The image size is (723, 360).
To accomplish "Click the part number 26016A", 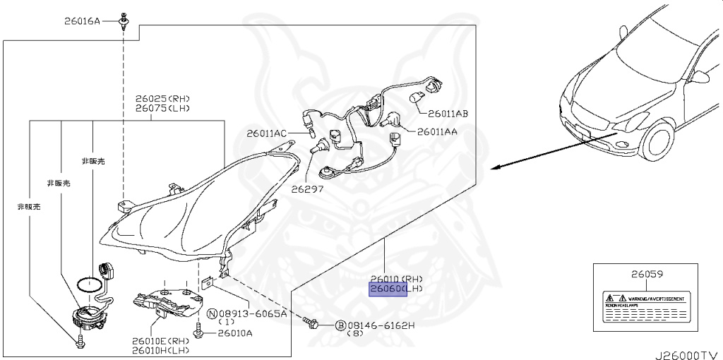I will pos(83,22).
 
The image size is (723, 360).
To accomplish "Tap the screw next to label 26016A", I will pos(124,20).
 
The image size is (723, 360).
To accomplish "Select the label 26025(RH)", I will pos(163,99).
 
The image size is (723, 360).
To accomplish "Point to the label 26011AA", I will pos(437,131).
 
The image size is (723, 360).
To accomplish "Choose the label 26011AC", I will pos(267,133).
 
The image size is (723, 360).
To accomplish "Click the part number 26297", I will pos(307,189).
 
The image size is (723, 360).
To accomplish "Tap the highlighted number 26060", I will pos(386,289).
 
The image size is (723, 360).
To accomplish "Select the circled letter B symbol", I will pos(340,325).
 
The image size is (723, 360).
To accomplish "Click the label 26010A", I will pos(231,333).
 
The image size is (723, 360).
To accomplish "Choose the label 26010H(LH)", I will pos(160,350).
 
